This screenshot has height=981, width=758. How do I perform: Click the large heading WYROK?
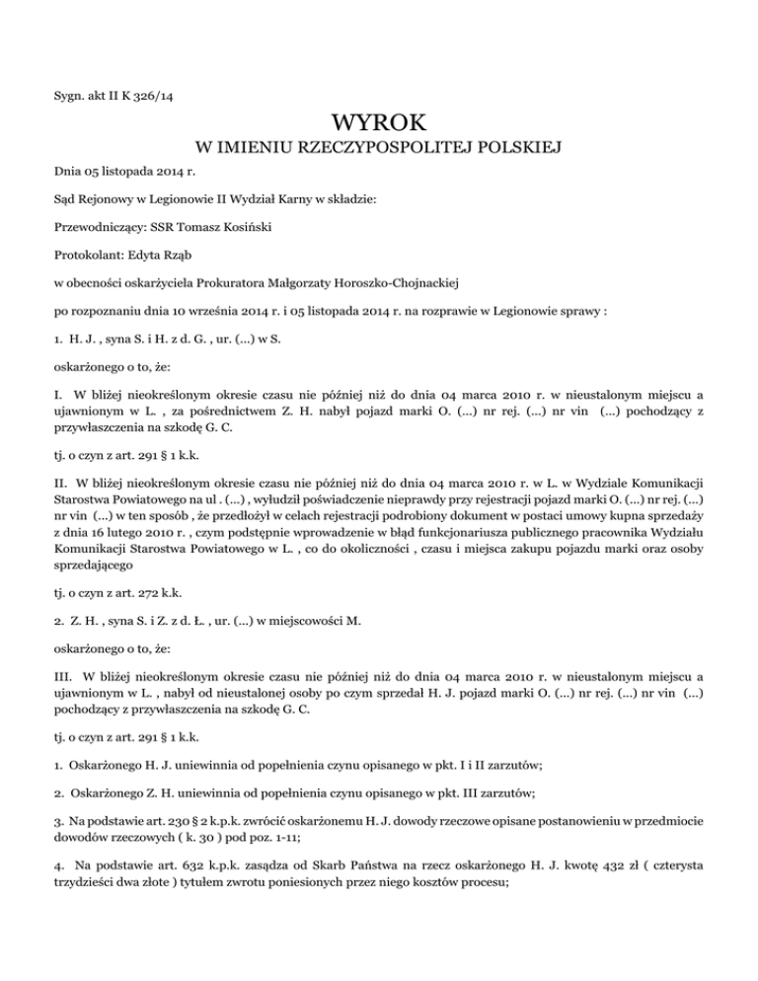(x=380, y=122)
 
